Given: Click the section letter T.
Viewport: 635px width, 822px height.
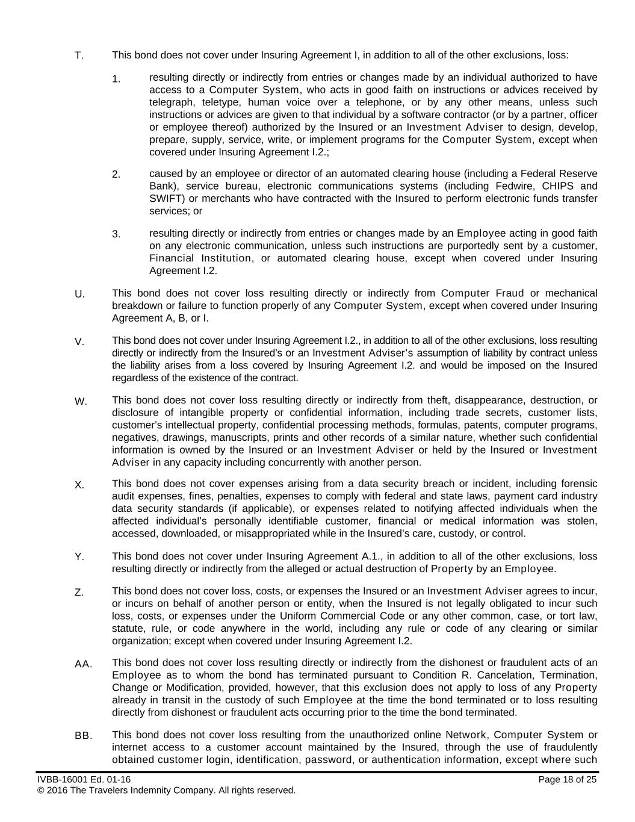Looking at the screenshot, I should pos(79,56).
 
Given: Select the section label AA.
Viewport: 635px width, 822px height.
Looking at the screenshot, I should pos(83,664).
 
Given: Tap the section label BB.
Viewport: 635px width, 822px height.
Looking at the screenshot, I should pos(83,736).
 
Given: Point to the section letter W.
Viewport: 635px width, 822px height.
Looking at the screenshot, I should pos(81,402).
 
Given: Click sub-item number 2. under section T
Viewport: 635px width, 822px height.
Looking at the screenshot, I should pos(116,175).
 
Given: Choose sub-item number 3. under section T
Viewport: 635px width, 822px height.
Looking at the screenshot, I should pos(116,234).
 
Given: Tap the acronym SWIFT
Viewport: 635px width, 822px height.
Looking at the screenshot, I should pos(164,199).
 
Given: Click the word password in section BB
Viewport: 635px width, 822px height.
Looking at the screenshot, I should pos(329,760).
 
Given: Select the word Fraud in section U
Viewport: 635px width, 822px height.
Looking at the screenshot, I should pos(510,293).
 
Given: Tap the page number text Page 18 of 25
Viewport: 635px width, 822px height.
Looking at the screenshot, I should pos(568,780).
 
